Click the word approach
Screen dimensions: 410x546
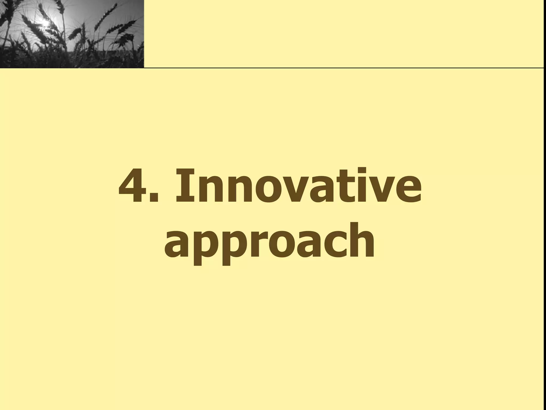pos(270,242)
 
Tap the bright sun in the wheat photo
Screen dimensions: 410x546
pos(45,23)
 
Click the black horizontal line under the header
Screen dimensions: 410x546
pos(344,68)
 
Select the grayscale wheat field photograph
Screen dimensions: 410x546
pos(72,34)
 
